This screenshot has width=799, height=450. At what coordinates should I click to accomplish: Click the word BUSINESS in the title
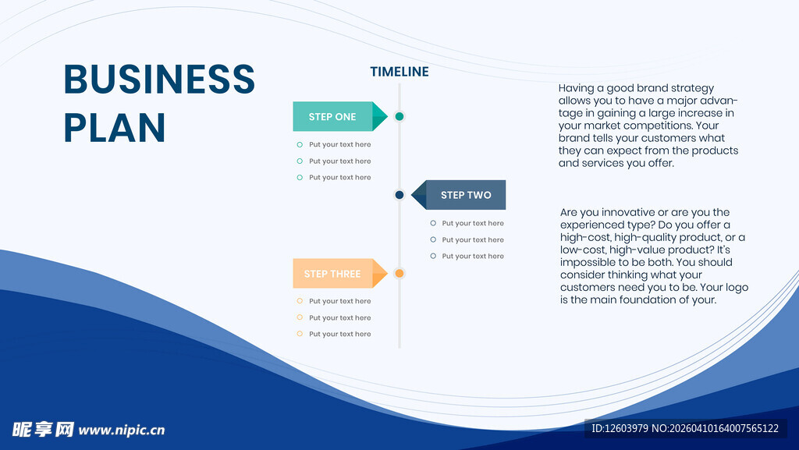159,79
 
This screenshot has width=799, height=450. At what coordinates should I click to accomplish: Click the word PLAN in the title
115,127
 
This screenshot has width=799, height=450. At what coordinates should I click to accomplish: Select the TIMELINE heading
399,72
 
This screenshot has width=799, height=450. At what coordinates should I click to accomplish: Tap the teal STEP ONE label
332,116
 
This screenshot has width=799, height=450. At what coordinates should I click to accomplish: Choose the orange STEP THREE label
332,274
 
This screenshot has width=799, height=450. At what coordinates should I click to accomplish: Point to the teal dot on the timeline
399,116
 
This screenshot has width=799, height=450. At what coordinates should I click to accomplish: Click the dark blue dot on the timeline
399,195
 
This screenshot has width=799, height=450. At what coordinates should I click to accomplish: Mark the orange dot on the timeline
399,274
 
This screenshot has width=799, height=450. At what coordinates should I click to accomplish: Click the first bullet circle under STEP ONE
300,144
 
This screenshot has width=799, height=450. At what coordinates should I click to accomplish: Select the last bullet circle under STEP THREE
300,334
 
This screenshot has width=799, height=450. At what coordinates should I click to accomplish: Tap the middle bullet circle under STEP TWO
433,239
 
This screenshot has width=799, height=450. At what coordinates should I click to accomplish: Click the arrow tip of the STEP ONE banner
387,116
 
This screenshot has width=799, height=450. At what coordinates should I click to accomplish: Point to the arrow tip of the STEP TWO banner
412,195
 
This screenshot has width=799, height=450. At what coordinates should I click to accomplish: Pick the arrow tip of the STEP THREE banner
387,274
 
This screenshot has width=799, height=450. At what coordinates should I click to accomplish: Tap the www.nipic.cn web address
122,431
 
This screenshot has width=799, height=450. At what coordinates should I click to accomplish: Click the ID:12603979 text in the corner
620,429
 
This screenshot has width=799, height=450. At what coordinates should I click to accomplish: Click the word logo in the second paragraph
736,288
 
